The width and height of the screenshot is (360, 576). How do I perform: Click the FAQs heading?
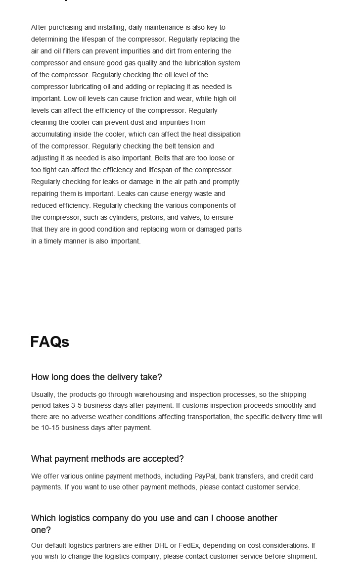[49, 342]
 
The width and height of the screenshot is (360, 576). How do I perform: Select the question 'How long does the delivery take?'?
[96, 377]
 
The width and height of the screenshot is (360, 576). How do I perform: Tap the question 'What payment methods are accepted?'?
[107, 459]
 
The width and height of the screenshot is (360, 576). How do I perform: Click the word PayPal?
[205, 476]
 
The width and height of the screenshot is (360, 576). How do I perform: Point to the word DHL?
[161, 545]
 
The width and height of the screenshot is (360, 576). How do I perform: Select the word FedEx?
[188, 545]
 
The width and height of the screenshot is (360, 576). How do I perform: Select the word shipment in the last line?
[300, 556]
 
